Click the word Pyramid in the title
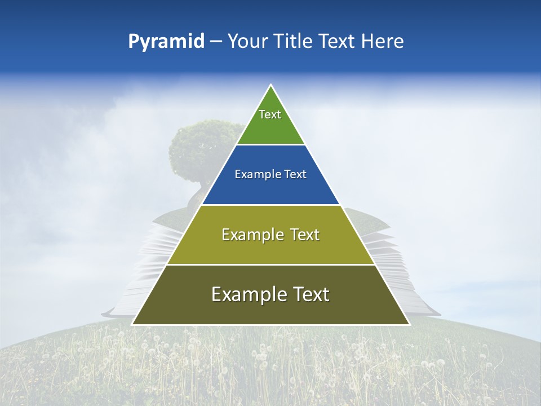click(x=166, y=42)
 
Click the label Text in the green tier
click(x=270, y=114)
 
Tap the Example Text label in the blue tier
click(x=270, y=174)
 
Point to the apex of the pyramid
click(x=270, y=86)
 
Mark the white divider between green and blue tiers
click(x=270, y=144)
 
